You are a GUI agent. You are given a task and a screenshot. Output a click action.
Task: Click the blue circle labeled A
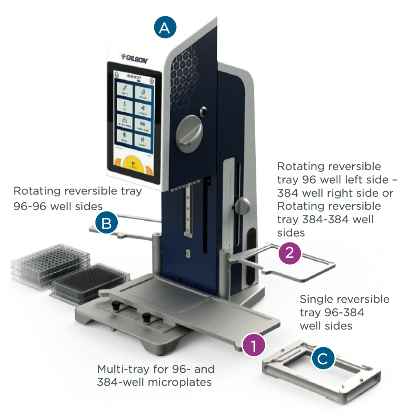(x=165, y=27)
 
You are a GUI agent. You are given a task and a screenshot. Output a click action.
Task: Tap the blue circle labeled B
(x=106, y=223)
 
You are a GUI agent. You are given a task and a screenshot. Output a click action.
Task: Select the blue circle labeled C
(x=323, y=359)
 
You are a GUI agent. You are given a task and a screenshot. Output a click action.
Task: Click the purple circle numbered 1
(x=254, y=344)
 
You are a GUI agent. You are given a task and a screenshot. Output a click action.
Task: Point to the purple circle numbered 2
(x=289, y=252)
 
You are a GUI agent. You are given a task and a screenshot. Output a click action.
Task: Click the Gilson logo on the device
(x=135, y=58)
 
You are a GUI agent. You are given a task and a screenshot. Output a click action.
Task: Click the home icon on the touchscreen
(x=117, y=74)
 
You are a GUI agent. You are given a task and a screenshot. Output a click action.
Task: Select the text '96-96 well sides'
(x=58, y=207)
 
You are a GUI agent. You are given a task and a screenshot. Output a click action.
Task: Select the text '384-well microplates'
(x=154, y=382)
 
